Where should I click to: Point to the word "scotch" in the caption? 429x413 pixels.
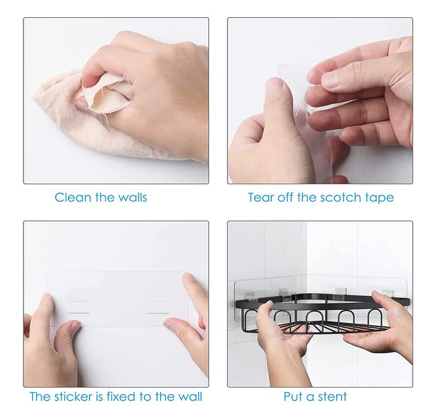click(340, 197)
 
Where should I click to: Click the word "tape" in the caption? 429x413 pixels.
click(379, 198)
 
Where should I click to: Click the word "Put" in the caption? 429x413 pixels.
click(292, 396)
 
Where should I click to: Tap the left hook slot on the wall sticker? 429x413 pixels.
click(79, 302)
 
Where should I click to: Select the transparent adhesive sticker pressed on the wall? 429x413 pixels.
click(117, 299)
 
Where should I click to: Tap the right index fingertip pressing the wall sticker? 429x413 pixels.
click(188, 277)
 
